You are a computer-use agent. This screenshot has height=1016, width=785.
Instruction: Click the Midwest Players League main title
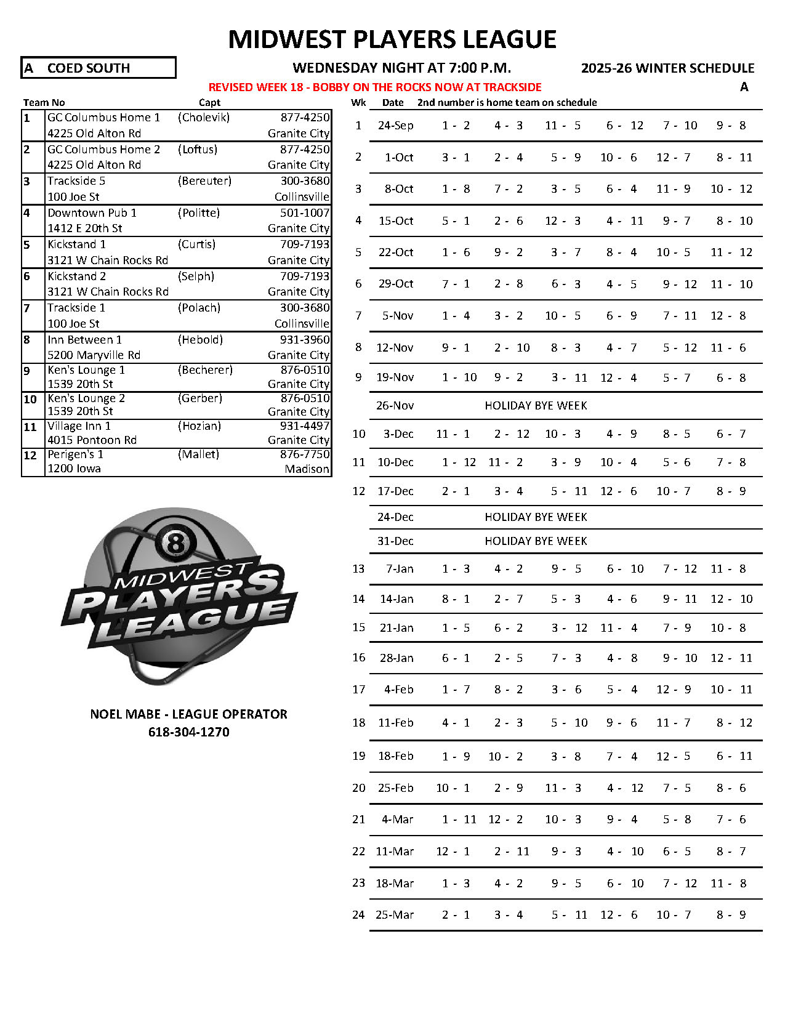pos(392,39)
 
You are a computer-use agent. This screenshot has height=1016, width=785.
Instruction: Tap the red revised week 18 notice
pos(375,87)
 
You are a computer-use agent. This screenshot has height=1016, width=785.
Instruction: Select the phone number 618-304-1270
pos(188,732)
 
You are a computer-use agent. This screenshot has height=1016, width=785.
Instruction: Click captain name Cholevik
pos(204,117)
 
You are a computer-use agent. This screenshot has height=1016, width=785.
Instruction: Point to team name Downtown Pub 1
pos(92,212)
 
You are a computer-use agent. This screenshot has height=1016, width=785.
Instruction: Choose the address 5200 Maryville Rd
pos(94,355)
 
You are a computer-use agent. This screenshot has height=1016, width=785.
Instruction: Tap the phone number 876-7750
pos(305,454)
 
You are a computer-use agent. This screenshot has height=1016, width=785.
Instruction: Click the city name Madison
pos(307,469)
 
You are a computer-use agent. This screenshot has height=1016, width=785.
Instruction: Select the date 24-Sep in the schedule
pos(395,126)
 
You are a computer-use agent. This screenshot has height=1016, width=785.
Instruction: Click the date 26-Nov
pos(395,406)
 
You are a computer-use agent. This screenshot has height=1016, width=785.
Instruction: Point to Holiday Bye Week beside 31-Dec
pos(536,541)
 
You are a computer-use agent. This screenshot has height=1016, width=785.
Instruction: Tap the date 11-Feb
pos(395,723)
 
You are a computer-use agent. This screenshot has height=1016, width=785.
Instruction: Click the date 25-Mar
pos(394,915)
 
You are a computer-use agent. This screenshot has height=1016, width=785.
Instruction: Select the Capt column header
pos(209,102)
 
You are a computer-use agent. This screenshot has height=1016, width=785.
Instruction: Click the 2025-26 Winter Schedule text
pos(667,68)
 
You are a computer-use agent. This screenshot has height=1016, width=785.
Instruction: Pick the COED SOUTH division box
pos(99,68)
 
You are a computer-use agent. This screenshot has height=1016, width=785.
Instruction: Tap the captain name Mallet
pos(198,454)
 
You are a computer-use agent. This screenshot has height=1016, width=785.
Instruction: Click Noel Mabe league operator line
pos(188,714)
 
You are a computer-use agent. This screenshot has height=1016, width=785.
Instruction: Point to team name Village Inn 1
pos(79,425)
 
